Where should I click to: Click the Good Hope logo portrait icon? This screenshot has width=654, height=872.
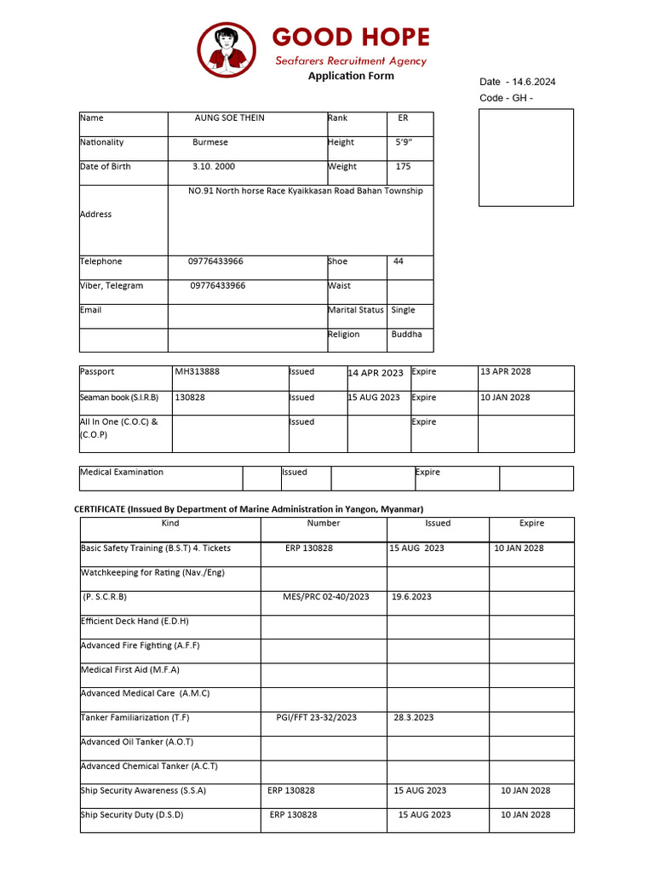click(227, 49)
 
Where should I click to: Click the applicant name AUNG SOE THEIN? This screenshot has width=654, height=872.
click(230, 118)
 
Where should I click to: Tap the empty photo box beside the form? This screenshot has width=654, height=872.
click(525, 158)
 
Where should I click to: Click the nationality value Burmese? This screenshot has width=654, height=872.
click(210, 143)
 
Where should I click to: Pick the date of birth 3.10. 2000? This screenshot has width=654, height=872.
click(214, 167)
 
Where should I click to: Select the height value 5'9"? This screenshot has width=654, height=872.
click(404, 143)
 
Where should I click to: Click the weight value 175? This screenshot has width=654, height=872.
click(403, 167)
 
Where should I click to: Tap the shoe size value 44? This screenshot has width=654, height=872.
click(399, 261)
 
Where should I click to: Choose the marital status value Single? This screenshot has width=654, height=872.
click(403, 310)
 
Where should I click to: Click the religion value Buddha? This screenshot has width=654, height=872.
click(406, 335)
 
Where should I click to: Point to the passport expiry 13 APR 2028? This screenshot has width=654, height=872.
click(505, 372)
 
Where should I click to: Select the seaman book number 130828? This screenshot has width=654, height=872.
click(189, 398)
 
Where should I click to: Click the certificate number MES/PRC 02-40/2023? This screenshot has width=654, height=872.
click(326, 597)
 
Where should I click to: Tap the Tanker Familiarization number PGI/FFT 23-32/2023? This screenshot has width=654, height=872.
click(317, 718)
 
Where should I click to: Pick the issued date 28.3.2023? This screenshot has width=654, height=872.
click(414, 718)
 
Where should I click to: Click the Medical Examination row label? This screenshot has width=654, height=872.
click(122, 473)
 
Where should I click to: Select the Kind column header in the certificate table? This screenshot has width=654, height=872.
click(170, 524)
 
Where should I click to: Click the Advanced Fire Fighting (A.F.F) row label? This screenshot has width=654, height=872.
click(141, 645)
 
